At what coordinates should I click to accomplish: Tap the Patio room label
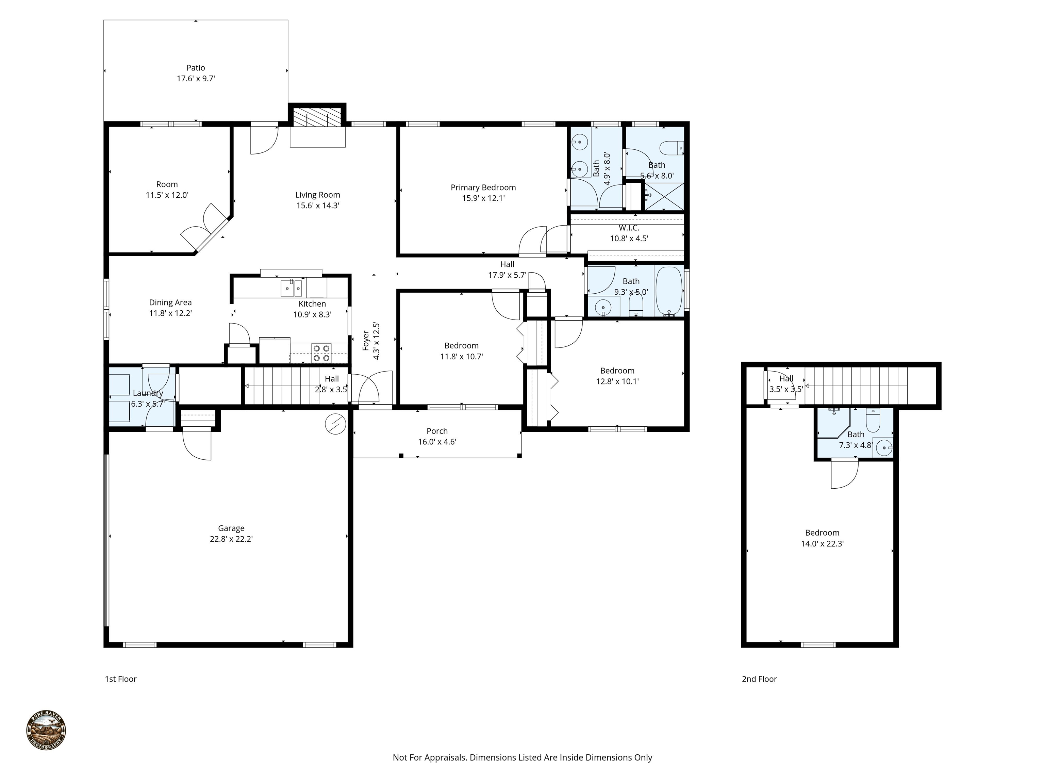click(x=196, y=68)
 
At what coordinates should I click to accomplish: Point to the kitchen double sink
click(x=292, y=287)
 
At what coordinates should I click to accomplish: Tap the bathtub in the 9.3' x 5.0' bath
click(x=669, y=291)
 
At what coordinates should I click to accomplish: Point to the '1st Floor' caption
click(x=120, y=679)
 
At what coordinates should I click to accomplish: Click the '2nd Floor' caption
click(x=759, y=679)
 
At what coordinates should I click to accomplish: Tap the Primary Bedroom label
click(x=483, y=187)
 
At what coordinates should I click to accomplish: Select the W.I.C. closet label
click(x=629, y=228)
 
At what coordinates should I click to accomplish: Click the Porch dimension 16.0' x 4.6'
click(x=437, y=442)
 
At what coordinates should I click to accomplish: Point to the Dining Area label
click(x=170, y=303)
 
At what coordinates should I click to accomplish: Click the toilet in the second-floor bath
click(x=872, y=420)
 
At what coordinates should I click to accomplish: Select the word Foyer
click(x=366, y=340)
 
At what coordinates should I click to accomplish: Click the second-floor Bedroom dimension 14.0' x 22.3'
click(x=823, y=544)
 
